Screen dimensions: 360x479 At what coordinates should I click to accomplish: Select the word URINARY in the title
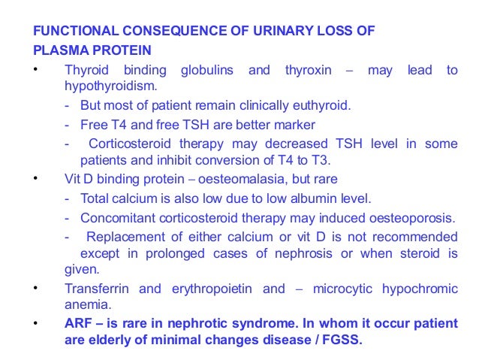(255, 32)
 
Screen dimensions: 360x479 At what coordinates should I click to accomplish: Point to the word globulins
(206, 71)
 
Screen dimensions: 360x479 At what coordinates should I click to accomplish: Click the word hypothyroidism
(105, 87)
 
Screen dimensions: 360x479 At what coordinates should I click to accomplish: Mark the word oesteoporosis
(411, 218)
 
